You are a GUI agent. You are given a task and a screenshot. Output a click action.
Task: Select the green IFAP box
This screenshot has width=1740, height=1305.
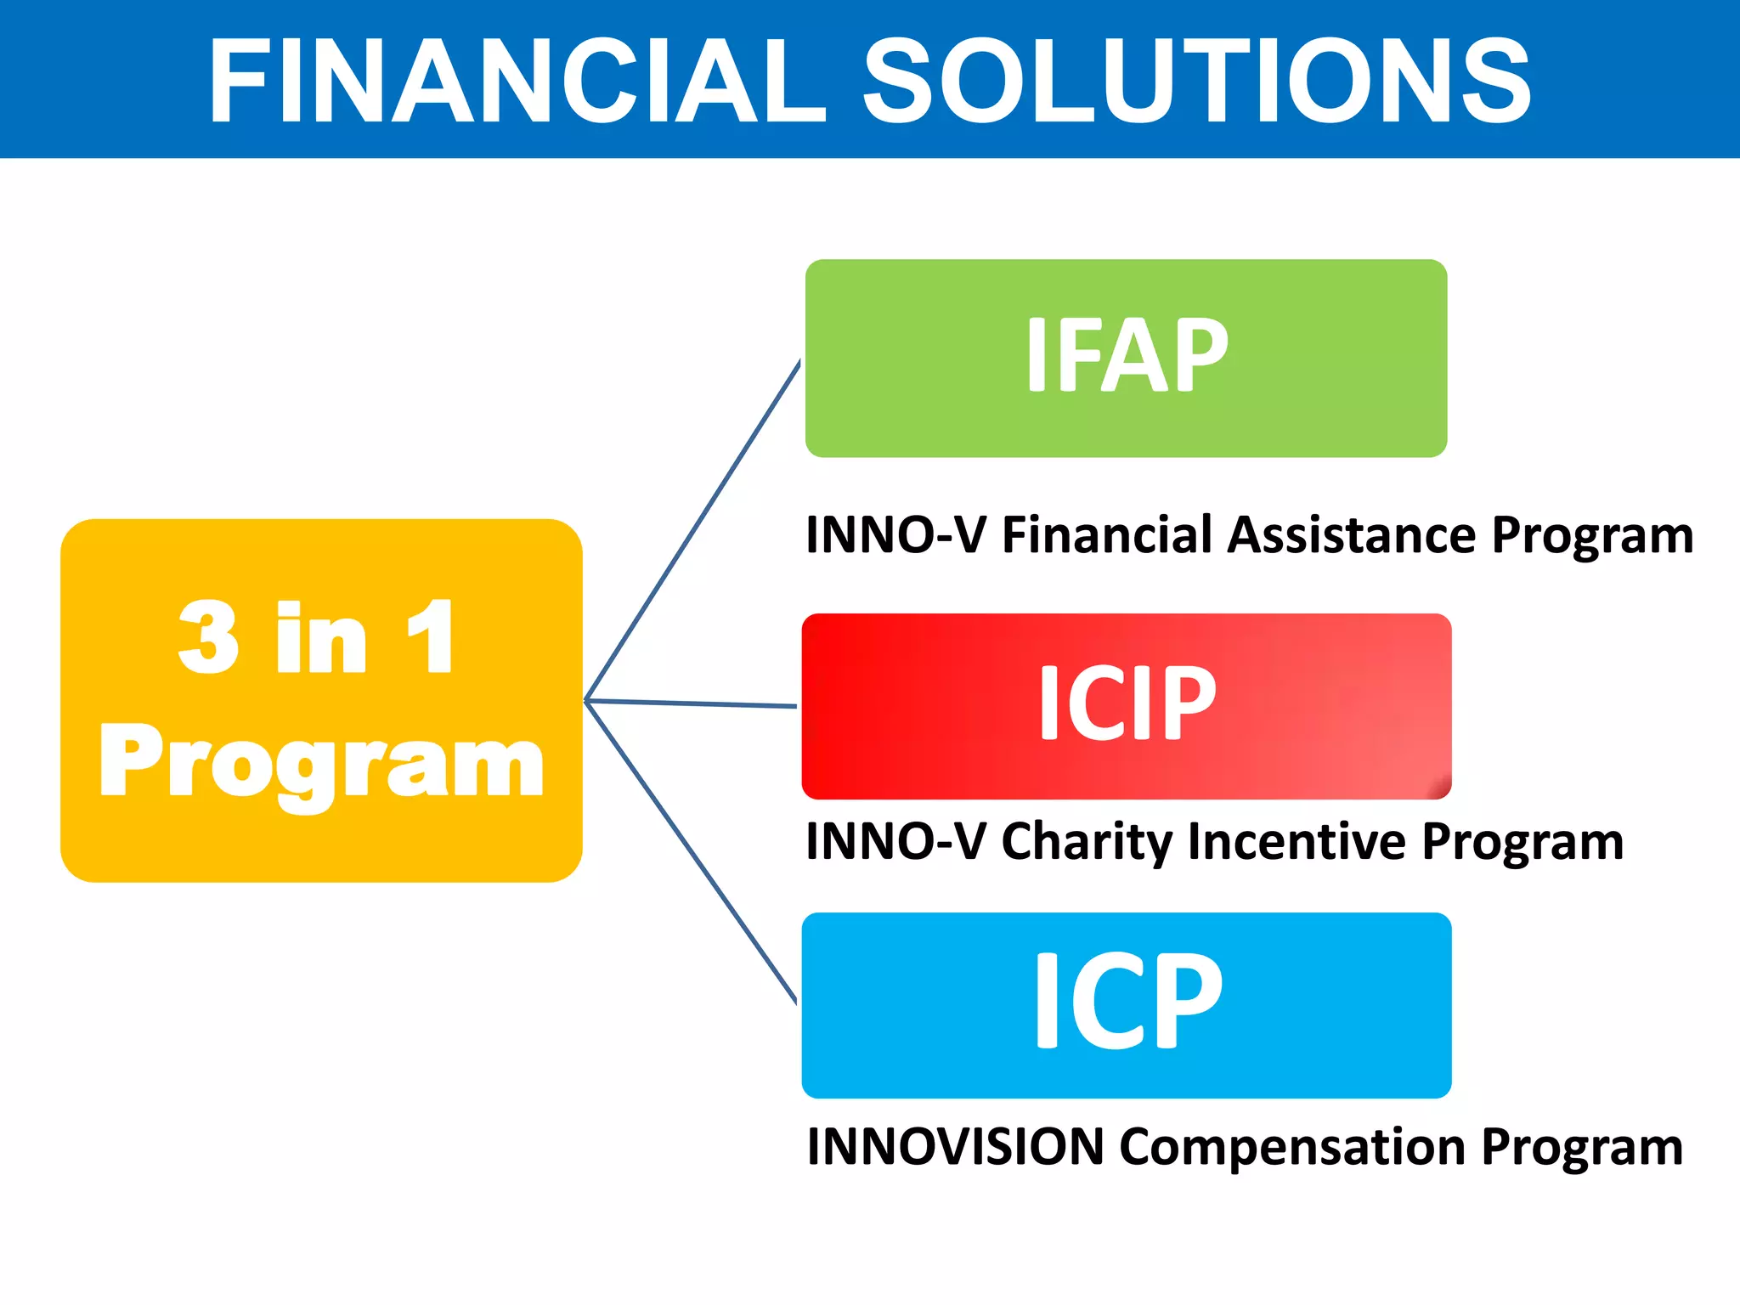[x=1126, y=358]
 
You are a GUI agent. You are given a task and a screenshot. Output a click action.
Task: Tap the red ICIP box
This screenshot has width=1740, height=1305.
[x=1126, y=705]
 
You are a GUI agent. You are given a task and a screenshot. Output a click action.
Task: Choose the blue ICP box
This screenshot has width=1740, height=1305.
[x=1126, y=1004]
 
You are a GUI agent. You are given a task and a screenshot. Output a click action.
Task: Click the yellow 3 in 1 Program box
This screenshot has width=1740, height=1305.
[x=321, y=700]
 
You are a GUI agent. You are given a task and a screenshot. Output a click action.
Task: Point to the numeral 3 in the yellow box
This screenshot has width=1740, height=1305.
[x=208, y=637]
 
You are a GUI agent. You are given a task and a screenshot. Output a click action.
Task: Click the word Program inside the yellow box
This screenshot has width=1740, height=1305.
[x=321, y=763]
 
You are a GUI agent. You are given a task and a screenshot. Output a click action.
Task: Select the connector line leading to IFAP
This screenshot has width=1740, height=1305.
[x=692, y=531]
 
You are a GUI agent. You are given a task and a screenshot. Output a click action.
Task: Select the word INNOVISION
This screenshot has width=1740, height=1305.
[x=955, y=1147]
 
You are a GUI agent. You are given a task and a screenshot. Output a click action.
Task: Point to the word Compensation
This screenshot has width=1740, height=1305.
[x=1291, y=1147]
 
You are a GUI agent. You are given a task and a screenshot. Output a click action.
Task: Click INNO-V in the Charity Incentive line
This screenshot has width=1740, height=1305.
[x=895, y=841]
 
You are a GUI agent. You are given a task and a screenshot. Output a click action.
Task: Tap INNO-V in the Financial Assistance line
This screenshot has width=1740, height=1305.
[x=895, y=535]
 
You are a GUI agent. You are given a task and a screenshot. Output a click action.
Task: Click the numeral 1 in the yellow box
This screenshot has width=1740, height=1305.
[x=431, y=637]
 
